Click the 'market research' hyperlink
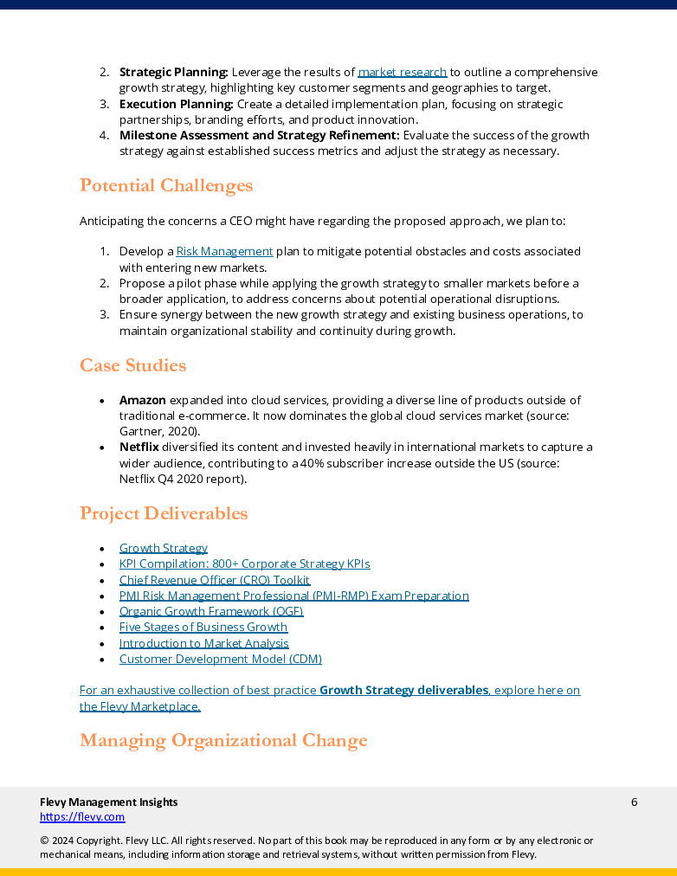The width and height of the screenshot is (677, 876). click(403, 73)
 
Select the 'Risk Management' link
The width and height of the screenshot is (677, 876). click(224, 252)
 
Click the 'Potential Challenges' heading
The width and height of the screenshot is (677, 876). click(166, 186)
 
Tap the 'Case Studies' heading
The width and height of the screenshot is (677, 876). click(132, 365)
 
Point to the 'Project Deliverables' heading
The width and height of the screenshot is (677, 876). click(164, 513)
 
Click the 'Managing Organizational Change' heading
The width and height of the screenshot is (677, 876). click(223, 740)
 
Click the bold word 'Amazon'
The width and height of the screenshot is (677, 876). click(142, 401)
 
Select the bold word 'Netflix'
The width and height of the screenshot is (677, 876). click(139, 448)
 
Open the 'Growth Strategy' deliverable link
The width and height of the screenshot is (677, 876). click(163, 548)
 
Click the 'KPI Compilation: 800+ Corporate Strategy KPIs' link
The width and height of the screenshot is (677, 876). click(244, 564)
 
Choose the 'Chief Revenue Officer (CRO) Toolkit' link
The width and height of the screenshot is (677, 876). click(214, 580)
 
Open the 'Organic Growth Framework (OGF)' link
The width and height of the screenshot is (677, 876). click(210, 611)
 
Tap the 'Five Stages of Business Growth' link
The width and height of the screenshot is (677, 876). click(203, 628)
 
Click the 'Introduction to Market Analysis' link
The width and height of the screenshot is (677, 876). click(203, 643)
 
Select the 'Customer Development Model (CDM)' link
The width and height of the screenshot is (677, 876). click(220, 660)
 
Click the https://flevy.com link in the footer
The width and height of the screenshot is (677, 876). click(82, 817)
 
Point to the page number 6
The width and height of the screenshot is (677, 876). click(634, 802)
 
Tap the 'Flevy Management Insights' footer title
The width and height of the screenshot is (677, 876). click(108, 802)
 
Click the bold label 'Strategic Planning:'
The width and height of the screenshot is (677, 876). click(173, 73)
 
